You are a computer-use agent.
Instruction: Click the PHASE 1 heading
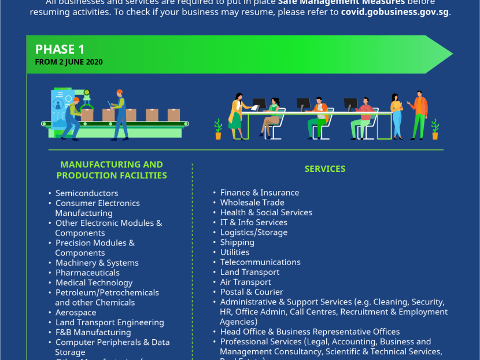pyautogui.click(x=60, y=49)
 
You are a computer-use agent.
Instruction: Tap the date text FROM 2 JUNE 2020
pyautogui.click(x=69, y=62)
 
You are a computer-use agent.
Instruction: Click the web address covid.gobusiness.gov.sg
pyautogui.click(x=395, y=12)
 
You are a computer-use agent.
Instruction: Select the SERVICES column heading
pyautogui.click(x=325, y=169)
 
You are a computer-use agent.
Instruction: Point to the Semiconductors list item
pyautogui.click(x=87, y=193)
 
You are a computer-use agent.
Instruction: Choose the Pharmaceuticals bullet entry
pyautogui.click(x=87, y=273)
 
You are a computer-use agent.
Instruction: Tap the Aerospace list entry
pyautogui.click(x=76, y=313)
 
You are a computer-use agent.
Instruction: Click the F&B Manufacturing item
pyautogui.click(x=93, y=332)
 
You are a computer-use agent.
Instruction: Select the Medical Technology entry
pyautogui.click(x=94, y=282)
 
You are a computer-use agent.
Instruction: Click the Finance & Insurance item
pyautogui.click(x=260, y=193)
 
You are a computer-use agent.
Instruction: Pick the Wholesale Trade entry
pyautogui.click(x=252, y=203)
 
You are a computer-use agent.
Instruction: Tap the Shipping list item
pyautogui.click(x=237, y=243)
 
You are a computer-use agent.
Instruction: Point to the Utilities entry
pyautogui.click(x=235, y=252)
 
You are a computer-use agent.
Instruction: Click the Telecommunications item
pyautogui.click(x=260, y=262)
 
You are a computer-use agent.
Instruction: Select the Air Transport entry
pyautogui.click(x=245, y=282)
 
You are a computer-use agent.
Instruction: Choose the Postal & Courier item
pyautogui.click(x=252, y=292)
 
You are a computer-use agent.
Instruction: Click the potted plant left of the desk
pyautogui.click(x=218, y=129)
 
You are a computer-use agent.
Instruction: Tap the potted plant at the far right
pyautogui.click(x=435, y=129)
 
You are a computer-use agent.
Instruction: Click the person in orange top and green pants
pyautogui.click(x=420, y=116)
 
